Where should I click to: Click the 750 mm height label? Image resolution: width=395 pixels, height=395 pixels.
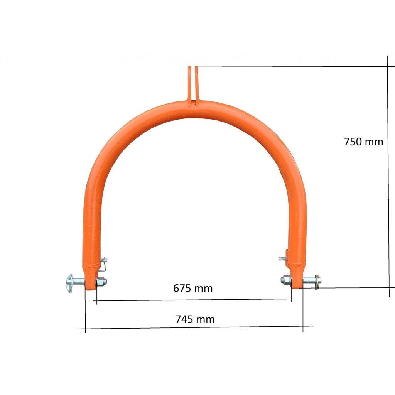(363, 142)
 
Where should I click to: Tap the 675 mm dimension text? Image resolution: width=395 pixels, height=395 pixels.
(193, 288)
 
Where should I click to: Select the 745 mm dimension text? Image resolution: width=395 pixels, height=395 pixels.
(195, 319)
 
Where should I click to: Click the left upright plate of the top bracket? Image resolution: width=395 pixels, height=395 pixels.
(189, 84)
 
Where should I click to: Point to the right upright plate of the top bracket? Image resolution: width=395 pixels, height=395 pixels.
(197, 84)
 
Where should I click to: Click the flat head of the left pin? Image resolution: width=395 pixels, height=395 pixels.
(69, 283)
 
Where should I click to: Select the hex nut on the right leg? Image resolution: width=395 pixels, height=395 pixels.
(286, 280)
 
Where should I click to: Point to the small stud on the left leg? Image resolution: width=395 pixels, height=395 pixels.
(103, 260)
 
